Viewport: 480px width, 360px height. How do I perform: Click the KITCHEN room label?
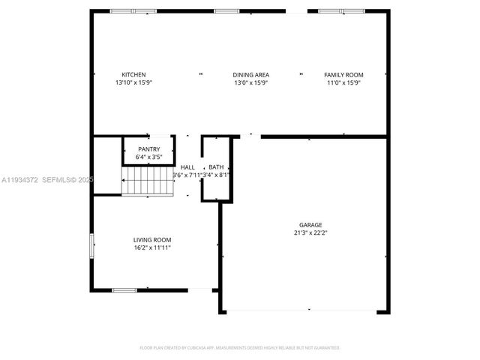pyautogui.click(x=133, y=75)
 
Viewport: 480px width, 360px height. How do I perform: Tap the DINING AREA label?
pyautogui.click(x=250, y=75)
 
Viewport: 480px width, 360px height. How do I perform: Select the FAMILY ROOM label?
pyautogui.click(x=343, y=75)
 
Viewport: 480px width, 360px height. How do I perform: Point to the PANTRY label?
pyautogui.click(x=149, y=149)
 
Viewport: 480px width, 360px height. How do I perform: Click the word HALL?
pyautogui.click(x=187, y=167)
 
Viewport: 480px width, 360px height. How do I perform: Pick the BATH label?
pyautogui.click(x=216, y=167)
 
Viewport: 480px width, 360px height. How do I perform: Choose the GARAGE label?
pyautogui.click(x=310, y=225)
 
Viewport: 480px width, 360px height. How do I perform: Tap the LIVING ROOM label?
pyautogui.click(x=152, y=239)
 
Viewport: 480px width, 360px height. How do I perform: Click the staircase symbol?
pyautogui.click(x=148, y=181)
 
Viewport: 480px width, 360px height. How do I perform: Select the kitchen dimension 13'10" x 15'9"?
pyautogui.click(x=133, y=83)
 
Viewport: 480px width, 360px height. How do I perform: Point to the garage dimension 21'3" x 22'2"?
pyautogui.click(x=310, y=233)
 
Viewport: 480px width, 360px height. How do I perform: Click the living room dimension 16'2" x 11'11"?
pyautogui.click(x=152, y=247)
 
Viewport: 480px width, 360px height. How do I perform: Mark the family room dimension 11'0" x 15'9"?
pyautogui.click(x=343, y=83)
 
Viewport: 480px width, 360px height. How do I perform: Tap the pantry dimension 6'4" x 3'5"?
pyautogui.click(x=149, y=157)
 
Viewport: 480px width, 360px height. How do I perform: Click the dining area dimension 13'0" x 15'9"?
pyautogui.click(x=250, y=83)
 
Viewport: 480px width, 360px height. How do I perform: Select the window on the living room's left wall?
pyautogui.click(x=92, y=246)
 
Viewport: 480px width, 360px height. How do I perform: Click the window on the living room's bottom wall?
pyautogui.click(x=124, y=290)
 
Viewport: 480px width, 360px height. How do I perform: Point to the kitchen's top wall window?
pyautogui.click(x=133, y=10)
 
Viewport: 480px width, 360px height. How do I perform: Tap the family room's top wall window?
pyautogui.click(x=341, y=10)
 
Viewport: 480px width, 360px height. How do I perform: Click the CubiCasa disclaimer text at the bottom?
pyautogui.click(x=240, y=348)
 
